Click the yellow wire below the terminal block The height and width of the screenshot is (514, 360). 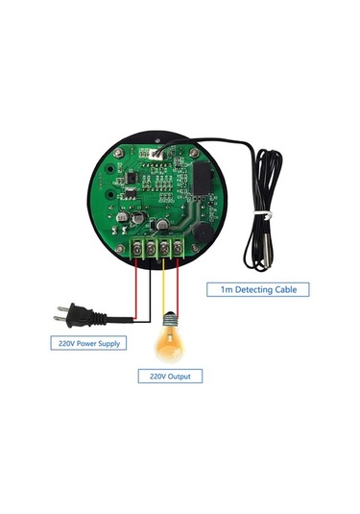tap(165, 288)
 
